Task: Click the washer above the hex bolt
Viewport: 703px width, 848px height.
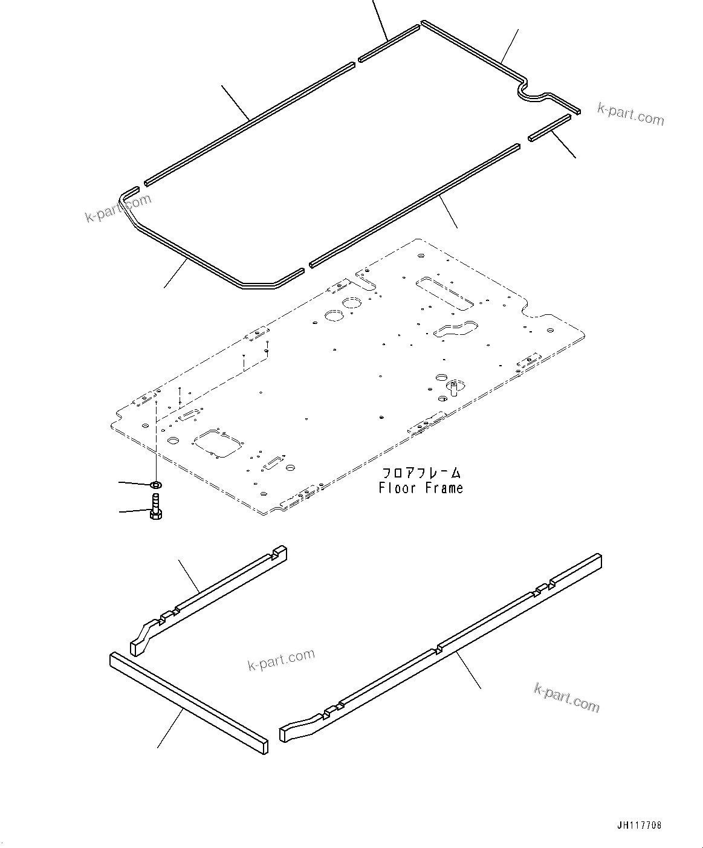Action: pyautogui.click(x=155, y=485)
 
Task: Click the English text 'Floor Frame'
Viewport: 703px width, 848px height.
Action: pyautogui.click(x=421, y=488)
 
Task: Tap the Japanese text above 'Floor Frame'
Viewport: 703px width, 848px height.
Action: pyautogui.click(x=421, y=472)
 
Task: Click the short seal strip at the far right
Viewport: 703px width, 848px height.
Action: pyautogui.click(x=549, y=128)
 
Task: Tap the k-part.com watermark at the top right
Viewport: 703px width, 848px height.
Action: pyautogui.click(x=630, y=113)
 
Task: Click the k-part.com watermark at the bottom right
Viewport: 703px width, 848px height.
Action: pyautogui.click(x=566, y=697)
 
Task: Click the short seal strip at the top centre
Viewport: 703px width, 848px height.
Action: pyautogui.click(x=389, y=43)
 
